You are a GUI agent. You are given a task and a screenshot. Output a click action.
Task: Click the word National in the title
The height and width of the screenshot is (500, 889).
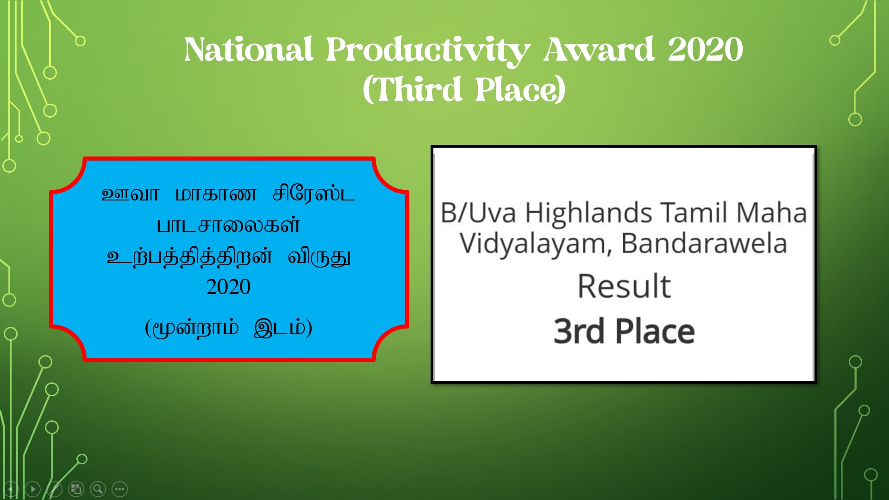coord(249,50)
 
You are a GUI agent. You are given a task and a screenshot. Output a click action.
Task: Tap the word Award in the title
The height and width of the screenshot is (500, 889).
coord(599,50)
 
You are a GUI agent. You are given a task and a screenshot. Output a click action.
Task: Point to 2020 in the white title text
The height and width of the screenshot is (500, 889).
coord(705,50)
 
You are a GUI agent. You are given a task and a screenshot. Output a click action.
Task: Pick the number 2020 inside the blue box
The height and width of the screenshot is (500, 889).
coord(228,287)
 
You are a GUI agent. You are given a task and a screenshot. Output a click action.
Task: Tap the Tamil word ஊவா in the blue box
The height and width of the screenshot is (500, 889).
coord(131,194)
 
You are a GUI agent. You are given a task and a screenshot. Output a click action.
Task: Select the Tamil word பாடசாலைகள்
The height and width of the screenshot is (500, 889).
coord(228,225)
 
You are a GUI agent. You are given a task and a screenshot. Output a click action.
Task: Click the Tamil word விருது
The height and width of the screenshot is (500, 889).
coord(319,257)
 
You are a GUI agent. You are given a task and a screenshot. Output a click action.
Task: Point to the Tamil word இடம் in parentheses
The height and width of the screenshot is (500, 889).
coord(280,328)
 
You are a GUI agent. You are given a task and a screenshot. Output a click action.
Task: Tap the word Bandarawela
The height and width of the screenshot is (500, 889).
coord(704,244)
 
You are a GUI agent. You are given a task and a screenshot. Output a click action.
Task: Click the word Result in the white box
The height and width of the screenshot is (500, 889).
coord(624,286)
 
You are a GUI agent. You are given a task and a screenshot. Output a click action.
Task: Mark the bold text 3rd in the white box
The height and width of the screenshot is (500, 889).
coord(579,331)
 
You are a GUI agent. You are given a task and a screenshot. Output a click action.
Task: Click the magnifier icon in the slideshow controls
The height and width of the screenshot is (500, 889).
coord(98,489)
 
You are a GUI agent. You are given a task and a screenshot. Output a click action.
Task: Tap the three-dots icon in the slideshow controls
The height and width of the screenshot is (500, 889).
coord(120,489)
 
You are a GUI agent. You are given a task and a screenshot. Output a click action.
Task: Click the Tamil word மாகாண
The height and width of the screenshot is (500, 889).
coord(216,194)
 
